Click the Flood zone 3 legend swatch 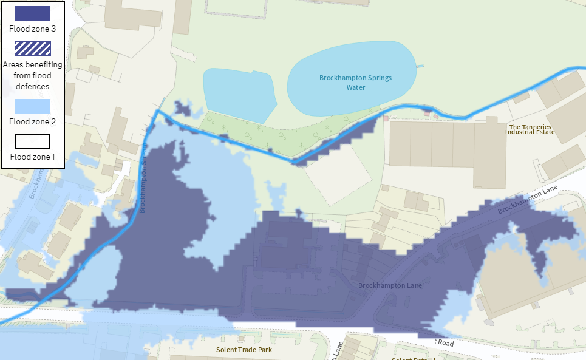coord(33,15)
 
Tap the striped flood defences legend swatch coord(33,49)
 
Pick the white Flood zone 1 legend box coord(33,141)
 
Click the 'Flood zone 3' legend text coord(33,28)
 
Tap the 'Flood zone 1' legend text coord(33,157)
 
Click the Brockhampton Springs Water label coord(355,82)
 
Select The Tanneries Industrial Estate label coord(530,129)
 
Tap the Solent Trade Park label coord(244,350)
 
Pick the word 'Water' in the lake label coord(355,87)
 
